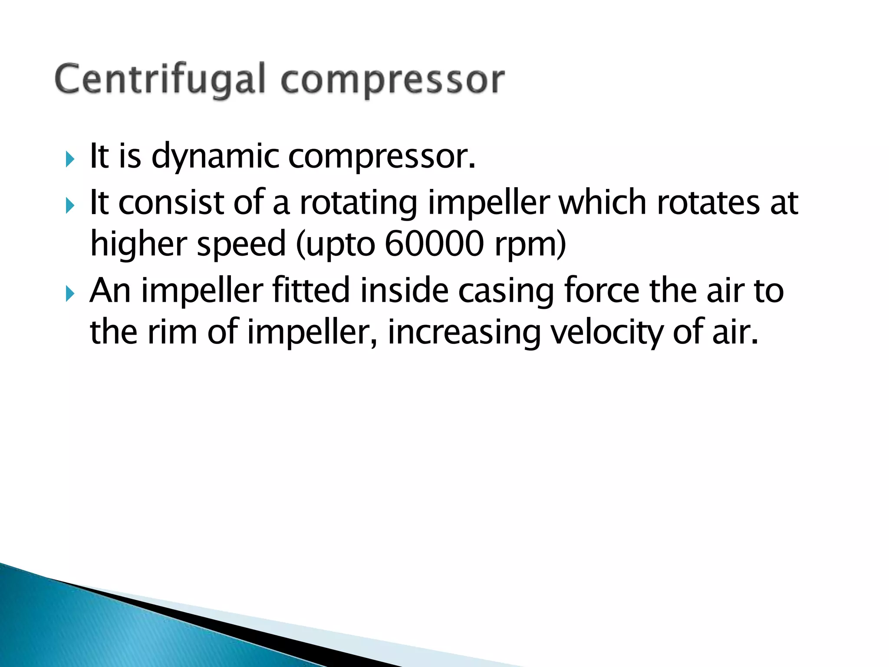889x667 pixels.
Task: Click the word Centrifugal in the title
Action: pyautogui.click(x=159, y=80)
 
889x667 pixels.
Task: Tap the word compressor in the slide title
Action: pyautogui.click(x=392, y=80)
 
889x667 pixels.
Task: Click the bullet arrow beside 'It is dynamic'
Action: pyautogui.click(x=70, y=160)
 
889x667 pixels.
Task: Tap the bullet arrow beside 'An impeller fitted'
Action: pyautogui.click(x=70, y=294)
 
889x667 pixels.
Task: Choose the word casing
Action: pyautogui.click(x=506, y=291)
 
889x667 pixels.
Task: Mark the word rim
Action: pyautogui.click(x=172, y=332)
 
